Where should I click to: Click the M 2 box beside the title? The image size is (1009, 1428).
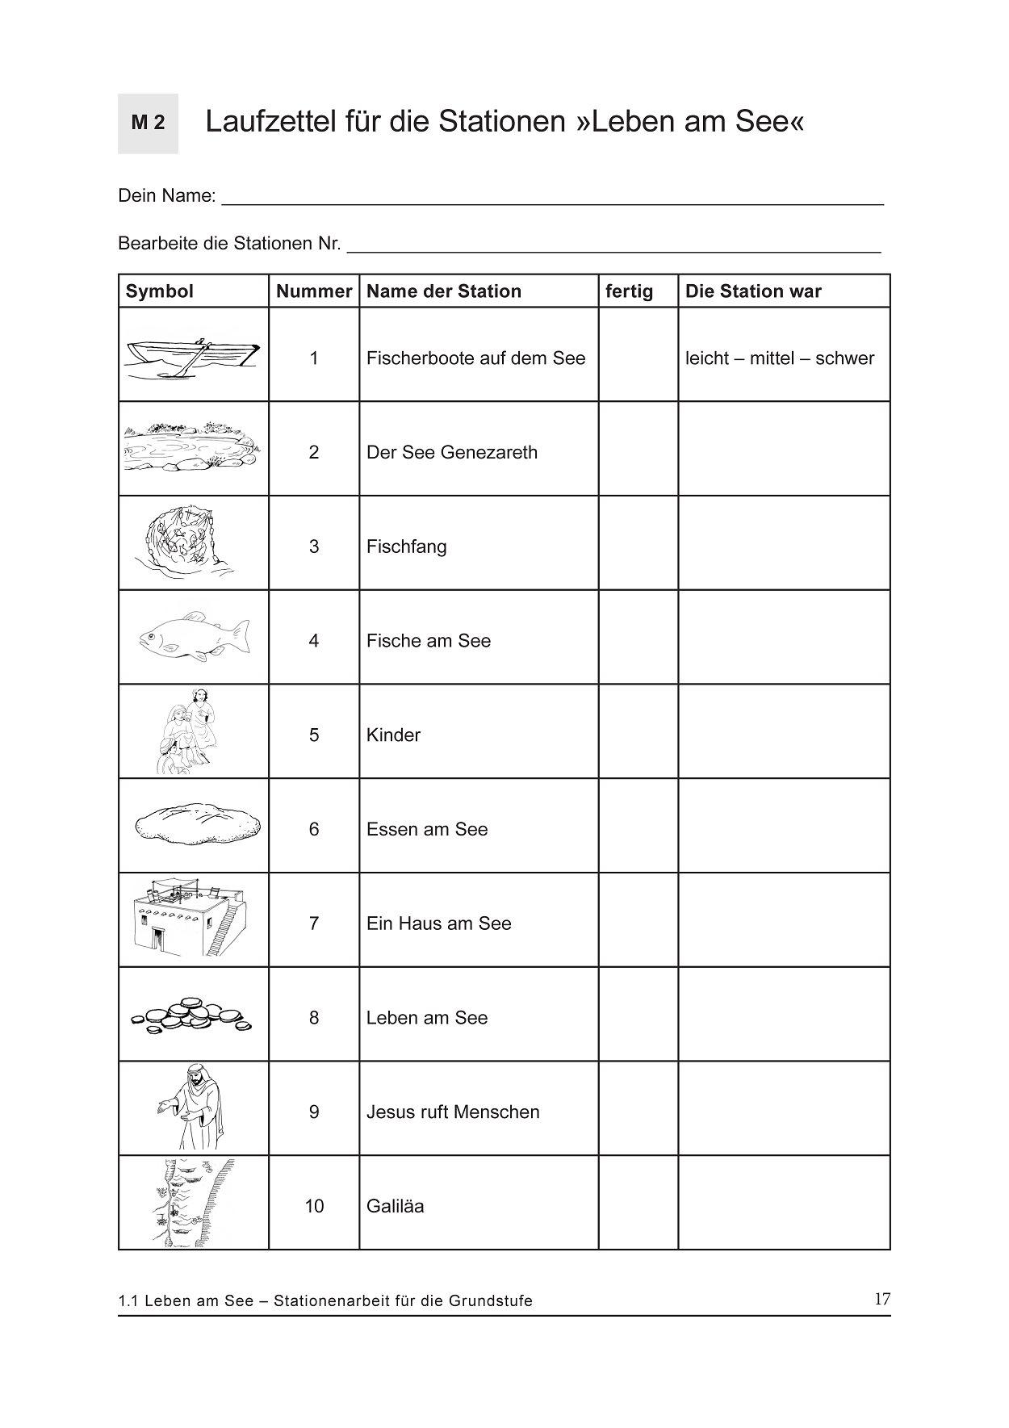coord(148,124)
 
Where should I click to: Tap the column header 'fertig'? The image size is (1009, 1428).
coord(629,291)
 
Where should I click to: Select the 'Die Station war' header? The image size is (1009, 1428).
coord(752,291)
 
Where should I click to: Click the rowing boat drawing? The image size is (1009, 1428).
coord(192,356)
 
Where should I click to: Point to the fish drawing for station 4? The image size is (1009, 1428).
coord(194,637)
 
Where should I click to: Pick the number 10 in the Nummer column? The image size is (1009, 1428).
coord(314,1206)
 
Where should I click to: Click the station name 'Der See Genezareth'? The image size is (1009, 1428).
coord(451,452)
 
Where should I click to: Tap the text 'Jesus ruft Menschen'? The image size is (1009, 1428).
coord(453,1112)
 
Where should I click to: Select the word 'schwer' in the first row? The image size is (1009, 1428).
coord(844,358)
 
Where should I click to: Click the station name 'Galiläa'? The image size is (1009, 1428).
coord(395,1206)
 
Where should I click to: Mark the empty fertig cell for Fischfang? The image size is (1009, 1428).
coord(638,543)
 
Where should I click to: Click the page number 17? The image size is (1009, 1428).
coord(882,1299)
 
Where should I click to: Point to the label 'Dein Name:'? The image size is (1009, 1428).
coord(167,196)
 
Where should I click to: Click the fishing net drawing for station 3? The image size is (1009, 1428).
coord(185,542)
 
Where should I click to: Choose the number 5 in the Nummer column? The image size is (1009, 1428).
coord(314,735)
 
